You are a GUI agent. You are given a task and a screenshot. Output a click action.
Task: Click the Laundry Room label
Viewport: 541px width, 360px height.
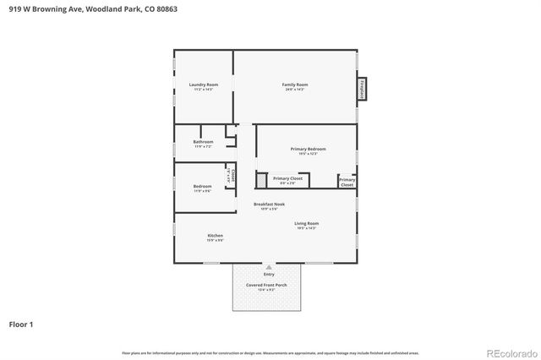203,85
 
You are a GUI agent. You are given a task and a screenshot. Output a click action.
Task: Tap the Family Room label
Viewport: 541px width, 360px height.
294,85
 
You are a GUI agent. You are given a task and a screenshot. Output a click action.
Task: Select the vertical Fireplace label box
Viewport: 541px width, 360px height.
362,89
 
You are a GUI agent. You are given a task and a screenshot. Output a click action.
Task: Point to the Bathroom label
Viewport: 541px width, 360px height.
203,141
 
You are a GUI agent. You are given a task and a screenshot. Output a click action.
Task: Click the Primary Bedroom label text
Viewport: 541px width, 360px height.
308,149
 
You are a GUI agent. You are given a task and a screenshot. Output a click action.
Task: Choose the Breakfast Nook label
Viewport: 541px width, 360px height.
269,204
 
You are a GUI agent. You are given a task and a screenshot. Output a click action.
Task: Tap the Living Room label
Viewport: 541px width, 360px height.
306,223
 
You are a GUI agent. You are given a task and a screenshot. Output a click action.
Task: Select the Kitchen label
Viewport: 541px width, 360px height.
216,236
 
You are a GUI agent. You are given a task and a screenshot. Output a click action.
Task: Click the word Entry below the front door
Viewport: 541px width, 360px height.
269,275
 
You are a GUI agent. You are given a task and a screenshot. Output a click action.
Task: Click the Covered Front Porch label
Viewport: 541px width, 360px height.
266,286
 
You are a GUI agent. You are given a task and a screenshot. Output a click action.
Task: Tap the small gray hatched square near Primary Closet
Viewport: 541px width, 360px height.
261,180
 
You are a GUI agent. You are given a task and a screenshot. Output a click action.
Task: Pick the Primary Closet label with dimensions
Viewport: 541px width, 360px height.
287,180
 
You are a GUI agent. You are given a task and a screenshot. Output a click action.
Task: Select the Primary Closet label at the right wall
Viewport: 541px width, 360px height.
347,182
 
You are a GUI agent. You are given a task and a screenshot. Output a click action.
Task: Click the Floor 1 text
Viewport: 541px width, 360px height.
21,324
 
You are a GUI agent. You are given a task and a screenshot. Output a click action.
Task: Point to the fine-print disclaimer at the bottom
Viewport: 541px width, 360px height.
270,352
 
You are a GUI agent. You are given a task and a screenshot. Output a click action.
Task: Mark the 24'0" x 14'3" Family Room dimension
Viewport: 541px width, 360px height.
294,90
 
